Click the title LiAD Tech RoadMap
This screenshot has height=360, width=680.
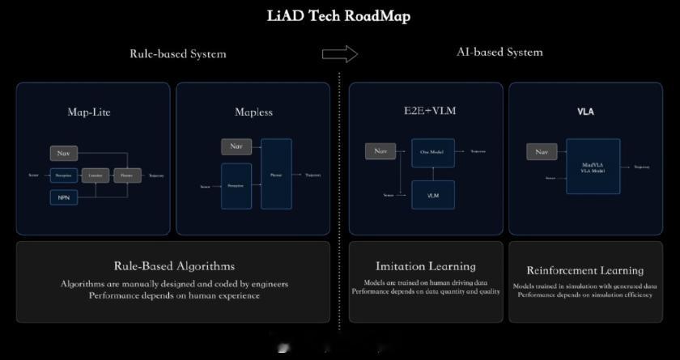tap(338, 16)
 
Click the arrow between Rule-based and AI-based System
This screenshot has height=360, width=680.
tap(339, 54)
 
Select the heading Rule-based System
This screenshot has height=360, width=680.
tap(178, 54)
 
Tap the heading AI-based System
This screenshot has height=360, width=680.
tap(499, 53)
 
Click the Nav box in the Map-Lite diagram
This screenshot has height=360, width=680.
tap(63, 153)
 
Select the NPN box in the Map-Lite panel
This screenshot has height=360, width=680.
tap(63, 197)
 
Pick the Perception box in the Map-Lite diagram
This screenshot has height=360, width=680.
tap(63, 175)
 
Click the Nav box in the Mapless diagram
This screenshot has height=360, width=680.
tap(236, 146)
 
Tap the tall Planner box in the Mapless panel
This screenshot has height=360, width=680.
tap(276, 174)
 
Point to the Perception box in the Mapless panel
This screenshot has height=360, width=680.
tap(236, 185)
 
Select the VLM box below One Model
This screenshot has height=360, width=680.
tap(432, 195)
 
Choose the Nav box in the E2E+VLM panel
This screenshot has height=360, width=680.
tap(379, 150)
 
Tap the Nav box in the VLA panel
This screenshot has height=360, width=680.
tap(542, 151)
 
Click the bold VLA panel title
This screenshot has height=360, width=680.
tap(585, 112)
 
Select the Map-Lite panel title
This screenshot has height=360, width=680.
tap(89, 112)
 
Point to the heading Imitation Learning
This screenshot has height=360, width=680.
tap(426, 266)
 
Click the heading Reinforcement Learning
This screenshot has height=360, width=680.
tap(584, 270)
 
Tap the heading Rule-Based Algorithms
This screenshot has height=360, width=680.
tap(174, 265)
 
